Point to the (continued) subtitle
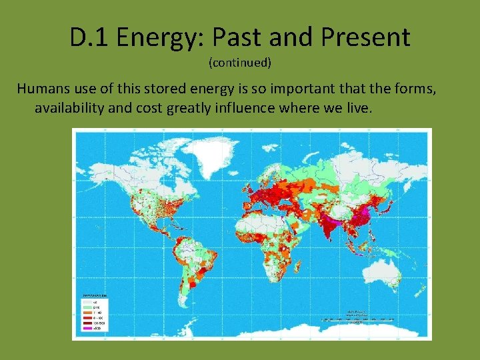click(x=240, y=63)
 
